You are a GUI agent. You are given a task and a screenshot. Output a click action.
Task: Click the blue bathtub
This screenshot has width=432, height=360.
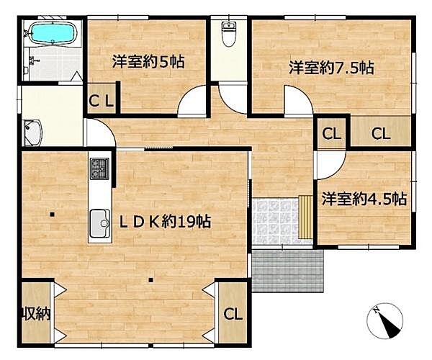point(53,32)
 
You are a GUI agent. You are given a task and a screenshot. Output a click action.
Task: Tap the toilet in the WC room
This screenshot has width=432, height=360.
point(228,34)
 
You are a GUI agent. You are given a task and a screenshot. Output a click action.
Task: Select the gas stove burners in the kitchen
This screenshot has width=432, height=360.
point(99,168)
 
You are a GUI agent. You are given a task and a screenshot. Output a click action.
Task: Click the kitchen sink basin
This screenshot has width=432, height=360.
point(100,223)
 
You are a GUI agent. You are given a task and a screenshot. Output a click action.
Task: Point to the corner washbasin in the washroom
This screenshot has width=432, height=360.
point(32,132)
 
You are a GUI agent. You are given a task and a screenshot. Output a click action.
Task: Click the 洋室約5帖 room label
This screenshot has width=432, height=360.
point(148,62)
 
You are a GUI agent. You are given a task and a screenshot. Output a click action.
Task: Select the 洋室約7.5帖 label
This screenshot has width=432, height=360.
point(331,68)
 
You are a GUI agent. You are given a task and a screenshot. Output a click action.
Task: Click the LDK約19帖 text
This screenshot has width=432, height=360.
point(165,222)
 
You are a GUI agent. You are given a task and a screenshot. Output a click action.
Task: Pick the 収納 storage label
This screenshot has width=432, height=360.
point(36,313)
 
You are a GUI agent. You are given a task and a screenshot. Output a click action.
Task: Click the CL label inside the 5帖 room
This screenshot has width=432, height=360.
point(101,102)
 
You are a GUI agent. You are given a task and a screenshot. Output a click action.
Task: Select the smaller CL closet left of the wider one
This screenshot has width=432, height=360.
point(331,134)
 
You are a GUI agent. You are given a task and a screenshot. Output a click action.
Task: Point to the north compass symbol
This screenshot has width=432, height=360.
point(385,321)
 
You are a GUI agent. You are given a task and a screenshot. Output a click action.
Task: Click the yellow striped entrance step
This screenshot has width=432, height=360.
point(306,217)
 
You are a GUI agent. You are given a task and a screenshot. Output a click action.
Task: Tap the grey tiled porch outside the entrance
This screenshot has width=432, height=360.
point(287,271)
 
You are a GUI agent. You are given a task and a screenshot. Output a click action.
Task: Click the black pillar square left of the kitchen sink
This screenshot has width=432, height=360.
point(52,214)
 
